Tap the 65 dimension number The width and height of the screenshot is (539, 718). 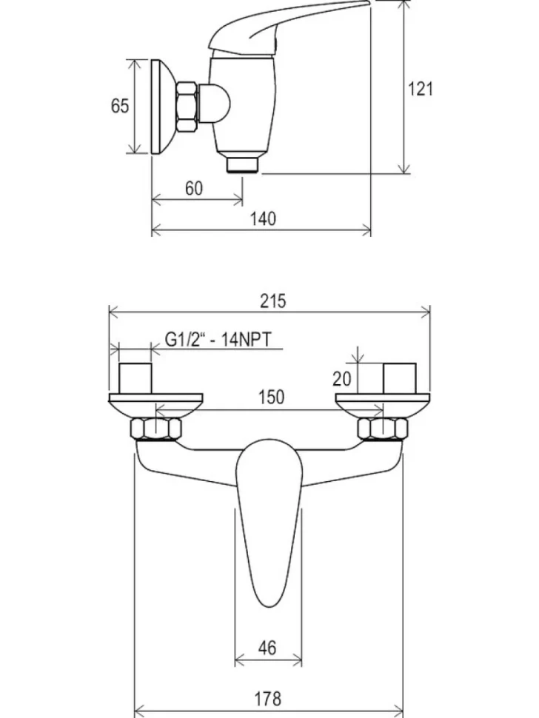point(119,105)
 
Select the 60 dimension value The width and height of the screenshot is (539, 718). point(193,188)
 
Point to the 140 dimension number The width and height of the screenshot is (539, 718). point(263,218)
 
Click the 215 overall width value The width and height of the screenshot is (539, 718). point(273,301)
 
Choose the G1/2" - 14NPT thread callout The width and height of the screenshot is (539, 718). point(218,340)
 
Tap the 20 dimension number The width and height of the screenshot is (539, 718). point(341,379)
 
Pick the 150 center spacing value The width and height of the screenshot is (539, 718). point(271,397)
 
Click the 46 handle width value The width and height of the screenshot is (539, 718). point(267,648)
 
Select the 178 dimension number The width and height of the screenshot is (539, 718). point(267,699)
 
